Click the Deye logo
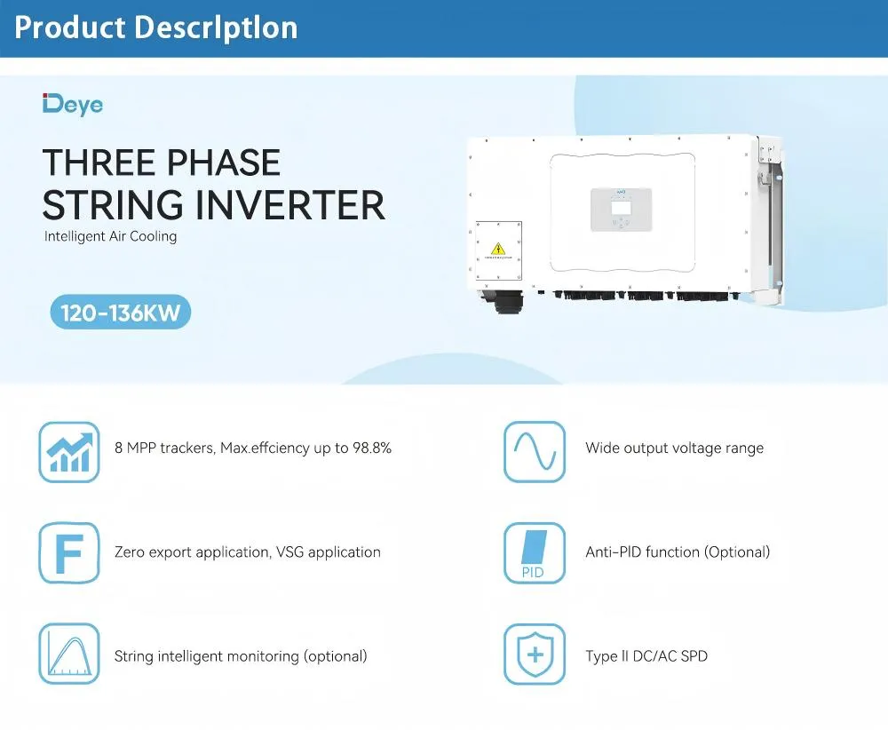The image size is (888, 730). [x=73, y=104]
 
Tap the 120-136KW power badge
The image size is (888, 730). [x=120, y=313]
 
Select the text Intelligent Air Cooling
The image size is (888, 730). [x=111, y=237]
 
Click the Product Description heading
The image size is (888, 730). [x=156, y=28]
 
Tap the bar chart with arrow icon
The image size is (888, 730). [x=69, y=452]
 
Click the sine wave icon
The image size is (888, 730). [x=535, y=452]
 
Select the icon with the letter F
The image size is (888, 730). [x=69, y=552]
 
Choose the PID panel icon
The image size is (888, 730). [x=535, y=552]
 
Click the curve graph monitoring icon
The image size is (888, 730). [x=69, y=654]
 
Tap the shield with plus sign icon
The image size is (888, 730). [x=535, y=654]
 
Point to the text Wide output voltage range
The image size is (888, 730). [x=674, y=448]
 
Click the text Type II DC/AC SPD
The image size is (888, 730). [x=646, y=657]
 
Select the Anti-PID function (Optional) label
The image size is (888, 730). [x=678, y=552]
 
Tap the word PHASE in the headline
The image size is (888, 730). [x=212, y=163]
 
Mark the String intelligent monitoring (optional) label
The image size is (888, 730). [x=241, y=657]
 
